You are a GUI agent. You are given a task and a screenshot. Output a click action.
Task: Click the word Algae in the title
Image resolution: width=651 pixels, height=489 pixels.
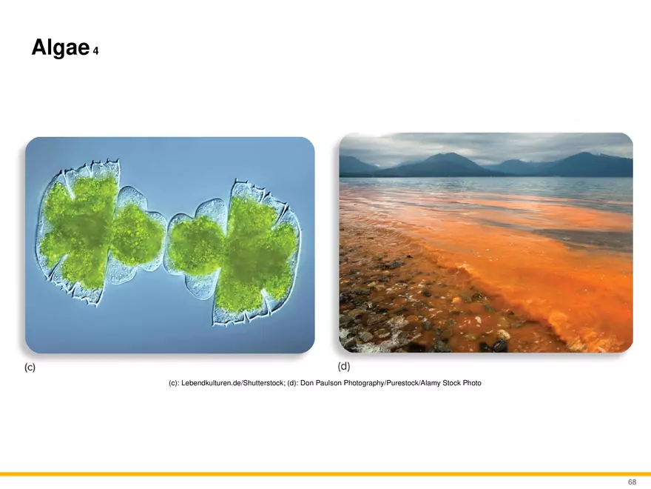pos(61,47)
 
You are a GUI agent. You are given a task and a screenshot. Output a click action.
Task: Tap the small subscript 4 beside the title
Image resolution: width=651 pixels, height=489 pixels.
pos(96,51)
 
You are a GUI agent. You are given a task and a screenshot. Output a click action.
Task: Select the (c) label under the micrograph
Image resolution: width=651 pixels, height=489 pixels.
pos(30,367)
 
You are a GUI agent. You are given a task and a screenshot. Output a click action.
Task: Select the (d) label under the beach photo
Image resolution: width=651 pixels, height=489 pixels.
pos(344,366)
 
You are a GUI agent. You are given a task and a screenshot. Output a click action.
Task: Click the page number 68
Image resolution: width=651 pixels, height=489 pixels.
pos(632,482)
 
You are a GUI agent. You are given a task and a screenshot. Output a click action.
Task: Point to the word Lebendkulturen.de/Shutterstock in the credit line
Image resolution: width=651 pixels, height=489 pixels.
pos(233,383)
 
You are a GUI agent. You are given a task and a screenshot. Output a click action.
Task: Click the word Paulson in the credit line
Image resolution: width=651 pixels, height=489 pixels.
pos(328,383)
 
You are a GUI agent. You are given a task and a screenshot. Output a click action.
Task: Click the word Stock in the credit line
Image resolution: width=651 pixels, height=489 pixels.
pos(451,383)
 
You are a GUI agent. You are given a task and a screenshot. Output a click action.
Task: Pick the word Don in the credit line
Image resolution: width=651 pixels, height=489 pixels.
pos(307,383)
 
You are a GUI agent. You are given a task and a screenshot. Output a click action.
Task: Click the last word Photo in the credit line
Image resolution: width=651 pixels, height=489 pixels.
pos(472,383)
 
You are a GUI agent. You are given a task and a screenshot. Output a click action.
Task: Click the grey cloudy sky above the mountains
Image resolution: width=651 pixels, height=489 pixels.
pos(486,145)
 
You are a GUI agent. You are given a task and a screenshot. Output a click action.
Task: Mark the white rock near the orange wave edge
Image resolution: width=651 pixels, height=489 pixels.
pos(503,334)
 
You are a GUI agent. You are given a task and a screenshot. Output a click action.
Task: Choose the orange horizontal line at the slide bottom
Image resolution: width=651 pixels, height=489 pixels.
pos(325,474)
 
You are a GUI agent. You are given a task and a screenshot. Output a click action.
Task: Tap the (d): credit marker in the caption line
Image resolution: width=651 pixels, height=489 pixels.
pos(293,383)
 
